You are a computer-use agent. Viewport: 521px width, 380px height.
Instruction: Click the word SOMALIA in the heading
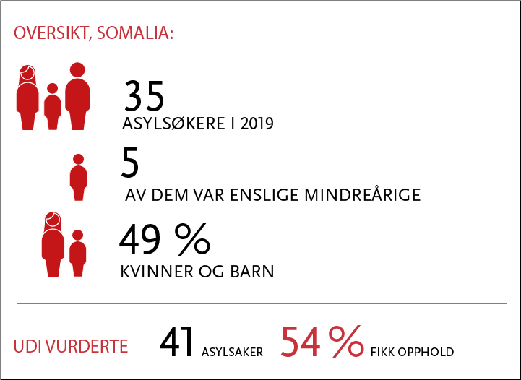(x=134, y=33)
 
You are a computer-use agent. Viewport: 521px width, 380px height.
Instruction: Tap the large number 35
(x=144, y=95)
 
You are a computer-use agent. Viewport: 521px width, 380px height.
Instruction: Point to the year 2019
(x=257, y=124)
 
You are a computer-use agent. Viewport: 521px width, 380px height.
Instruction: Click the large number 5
(x=130, y=163)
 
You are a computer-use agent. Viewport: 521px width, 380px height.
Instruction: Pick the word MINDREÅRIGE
(x=363, y=194)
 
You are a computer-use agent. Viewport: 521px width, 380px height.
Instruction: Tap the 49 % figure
(x=165, y=239)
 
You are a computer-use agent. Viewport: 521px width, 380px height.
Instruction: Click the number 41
(x=176, y=342)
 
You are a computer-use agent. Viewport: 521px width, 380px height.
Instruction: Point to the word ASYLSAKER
(x=232, y=352)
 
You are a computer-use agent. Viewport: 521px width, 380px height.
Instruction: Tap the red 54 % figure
(x=322, y=342)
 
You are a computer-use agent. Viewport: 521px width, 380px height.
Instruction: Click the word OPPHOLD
(x=426, y=352)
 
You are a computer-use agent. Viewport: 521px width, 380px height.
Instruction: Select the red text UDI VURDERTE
(x=70, y=347)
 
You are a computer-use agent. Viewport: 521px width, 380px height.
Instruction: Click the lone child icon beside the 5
(x=79, y=177)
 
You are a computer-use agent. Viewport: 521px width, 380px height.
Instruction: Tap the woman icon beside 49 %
(x=53, y=244)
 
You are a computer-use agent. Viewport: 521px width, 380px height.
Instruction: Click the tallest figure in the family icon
(x=77, y=96)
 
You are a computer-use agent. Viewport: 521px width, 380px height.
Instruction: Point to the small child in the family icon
(x=53, y=106)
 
